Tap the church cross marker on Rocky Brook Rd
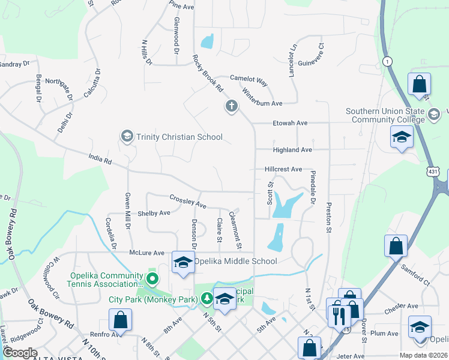(x=232, y=107)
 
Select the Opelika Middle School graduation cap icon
(x=184, y=262)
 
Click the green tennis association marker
(x=152, y=279)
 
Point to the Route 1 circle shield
(x=388, y=61)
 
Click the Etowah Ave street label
(x=290, y=123)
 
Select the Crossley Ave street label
(x=188, y=202)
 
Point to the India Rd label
(x=100, y=160)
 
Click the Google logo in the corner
(x=20, y=353)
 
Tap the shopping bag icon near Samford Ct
(x=396, y=245)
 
